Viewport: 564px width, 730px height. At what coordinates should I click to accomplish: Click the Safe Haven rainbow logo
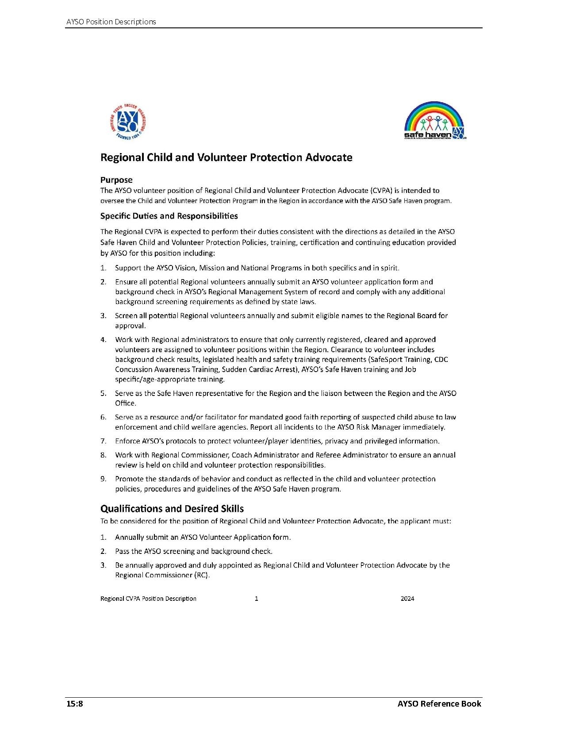point(435,121)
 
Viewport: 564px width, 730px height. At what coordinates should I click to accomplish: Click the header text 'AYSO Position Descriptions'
point(111,22)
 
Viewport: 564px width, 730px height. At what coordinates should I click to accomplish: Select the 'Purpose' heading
point(116,180)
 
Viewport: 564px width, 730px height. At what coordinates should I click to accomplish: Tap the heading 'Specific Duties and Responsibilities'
point(169,216)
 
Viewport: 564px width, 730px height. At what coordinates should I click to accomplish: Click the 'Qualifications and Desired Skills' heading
point(172,508)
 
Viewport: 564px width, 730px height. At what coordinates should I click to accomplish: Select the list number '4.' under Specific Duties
point(103,340)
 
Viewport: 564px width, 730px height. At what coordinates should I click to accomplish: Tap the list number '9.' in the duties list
point(103,479)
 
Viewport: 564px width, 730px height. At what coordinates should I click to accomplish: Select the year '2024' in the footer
point(407,599)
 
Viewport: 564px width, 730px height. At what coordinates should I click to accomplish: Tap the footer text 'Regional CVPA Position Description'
point(148,599)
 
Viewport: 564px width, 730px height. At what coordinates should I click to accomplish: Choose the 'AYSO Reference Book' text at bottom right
point(439,703)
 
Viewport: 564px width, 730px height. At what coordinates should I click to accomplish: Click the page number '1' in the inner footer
point(257,599)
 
